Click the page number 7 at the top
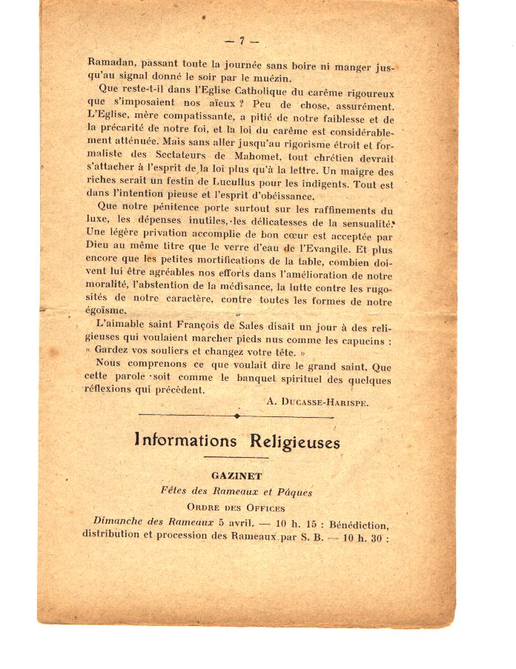pos(241,41)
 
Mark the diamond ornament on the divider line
pos(236,416)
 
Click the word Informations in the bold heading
pos(184,441)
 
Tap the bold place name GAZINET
pos(236,476)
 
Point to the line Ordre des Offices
pos(236,507)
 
